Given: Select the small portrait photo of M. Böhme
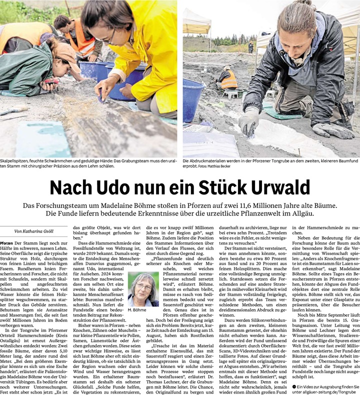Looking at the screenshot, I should [x=143, y=289].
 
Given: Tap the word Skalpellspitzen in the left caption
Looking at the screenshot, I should [x=15, y=161].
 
